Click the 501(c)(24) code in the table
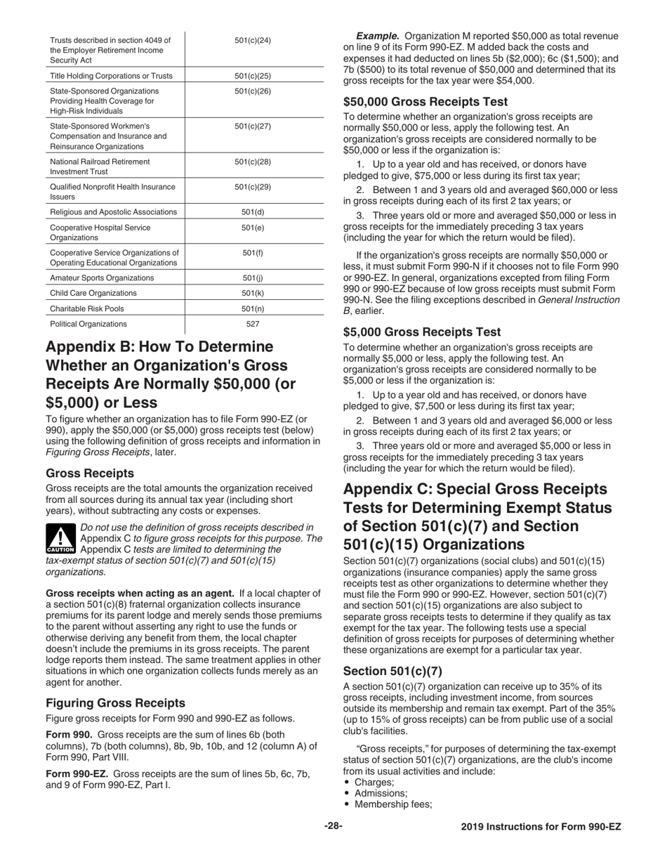coord(252,41)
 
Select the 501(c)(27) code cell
coord(252,126)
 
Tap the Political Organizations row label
coord(88,324)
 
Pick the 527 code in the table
coord(252,324)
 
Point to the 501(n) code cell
coord(252,308)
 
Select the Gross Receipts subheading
coord(90,473)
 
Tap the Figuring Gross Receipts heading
coord(115,702)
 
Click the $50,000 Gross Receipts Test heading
coord(425,101)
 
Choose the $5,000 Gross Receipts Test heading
coord(423,332)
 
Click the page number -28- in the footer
coord(333,827)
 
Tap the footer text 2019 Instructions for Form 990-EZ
coord(541,827)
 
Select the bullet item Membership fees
coord(392,804)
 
